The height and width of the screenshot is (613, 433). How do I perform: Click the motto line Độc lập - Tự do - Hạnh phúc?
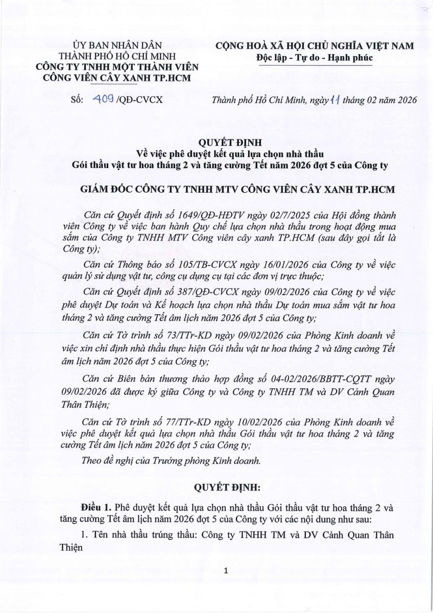tap(314, 58)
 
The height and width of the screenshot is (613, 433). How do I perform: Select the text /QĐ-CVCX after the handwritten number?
tap(139, 100)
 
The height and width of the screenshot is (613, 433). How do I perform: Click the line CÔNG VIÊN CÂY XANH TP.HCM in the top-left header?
tap(117, 78)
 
